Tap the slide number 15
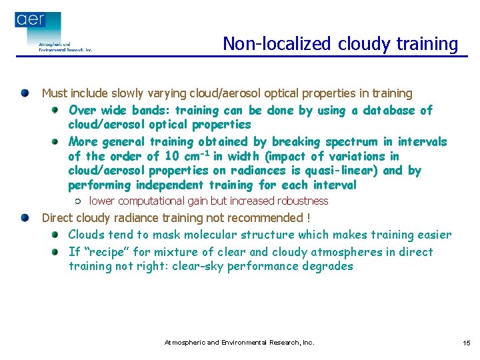click(x=466, y=343)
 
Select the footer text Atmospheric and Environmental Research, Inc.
click(x=239, y=343)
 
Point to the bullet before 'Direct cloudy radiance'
click(x=25, y=218)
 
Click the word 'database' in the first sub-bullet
click(x=390, y=111)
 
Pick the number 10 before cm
click(x=171, y=157)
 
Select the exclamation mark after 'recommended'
click(x=307, y=218)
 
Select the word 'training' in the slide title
click(x=427, y=44)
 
